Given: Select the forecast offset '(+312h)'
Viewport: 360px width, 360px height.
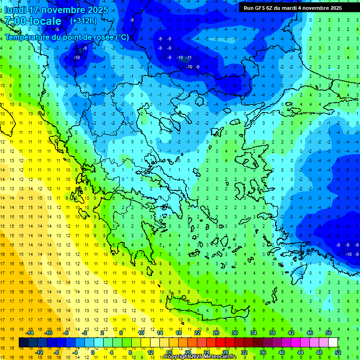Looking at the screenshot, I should click(83, 21).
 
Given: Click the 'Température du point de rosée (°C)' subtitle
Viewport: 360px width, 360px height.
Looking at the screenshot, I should click(67, 37).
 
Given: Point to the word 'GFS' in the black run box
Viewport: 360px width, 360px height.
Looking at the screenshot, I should click(259, 8).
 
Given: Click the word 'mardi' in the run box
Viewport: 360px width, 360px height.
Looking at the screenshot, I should click(287, 8).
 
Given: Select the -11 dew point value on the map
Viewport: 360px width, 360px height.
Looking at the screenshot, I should click(188, 58).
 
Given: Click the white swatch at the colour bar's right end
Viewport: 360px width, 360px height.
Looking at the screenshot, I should click(333, 343).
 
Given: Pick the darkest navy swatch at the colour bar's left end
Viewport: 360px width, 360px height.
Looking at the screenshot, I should click(23, 343).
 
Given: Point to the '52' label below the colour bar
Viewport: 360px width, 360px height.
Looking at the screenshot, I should click(337, 352).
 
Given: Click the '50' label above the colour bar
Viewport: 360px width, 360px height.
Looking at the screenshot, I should click(329, 333).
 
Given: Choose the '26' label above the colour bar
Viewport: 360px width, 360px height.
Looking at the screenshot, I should click(216, 333).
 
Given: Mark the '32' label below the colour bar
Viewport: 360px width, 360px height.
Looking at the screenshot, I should click(244, 352).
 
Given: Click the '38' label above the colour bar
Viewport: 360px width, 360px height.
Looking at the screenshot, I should click(272, 333).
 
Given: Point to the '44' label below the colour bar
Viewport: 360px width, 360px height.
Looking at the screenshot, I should click(300, 352).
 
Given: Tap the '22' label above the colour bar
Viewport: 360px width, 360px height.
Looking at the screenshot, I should click(197, 333).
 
